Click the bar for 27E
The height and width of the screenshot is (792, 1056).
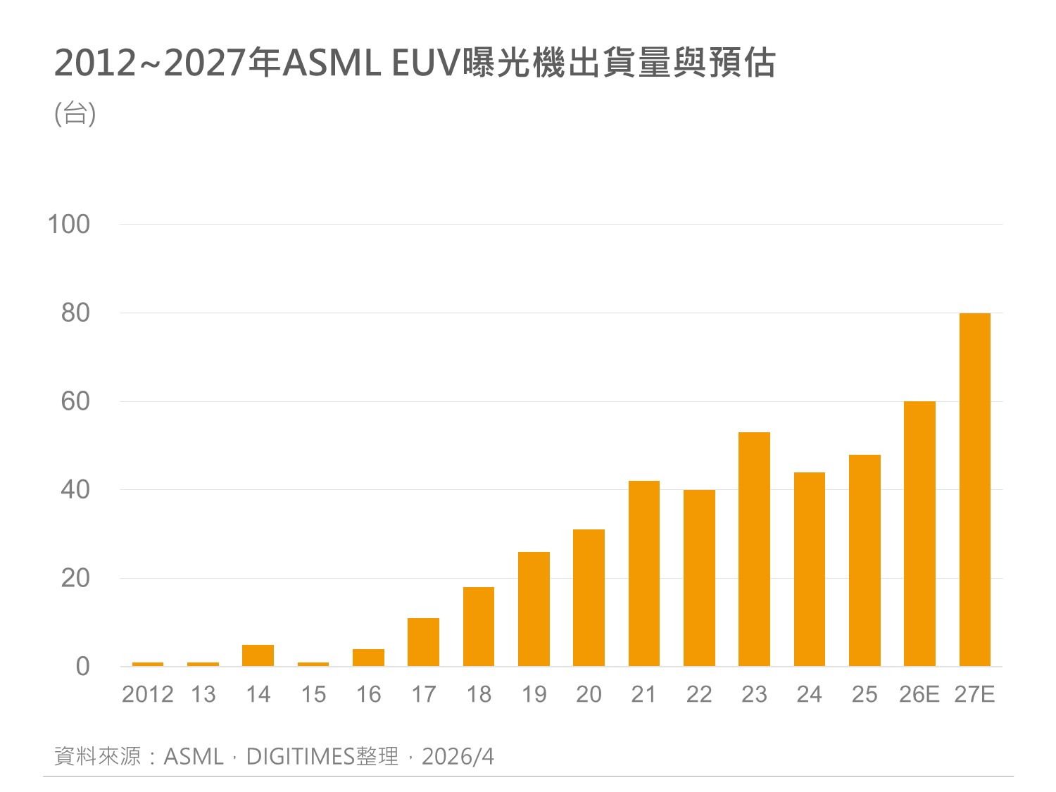974,489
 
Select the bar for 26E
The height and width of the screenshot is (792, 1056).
919,534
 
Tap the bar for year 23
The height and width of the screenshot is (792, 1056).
754,549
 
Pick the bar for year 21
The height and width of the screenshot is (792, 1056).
644,573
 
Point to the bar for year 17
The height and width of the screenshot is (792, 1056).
423,642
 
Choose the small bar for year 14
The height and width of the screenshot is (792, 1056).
258,655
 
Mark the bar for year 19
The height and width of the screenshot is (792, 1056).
534,609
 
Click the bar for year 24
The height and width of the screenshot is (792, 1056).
809,569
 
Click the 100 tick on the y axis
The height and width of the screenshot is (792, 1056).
68,225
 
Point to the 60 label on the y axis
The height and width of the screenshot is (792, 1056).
75,401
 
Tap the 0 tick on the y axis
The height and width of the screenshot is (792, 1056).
82,666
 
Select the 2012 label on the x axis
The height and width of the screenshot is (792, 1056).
148,695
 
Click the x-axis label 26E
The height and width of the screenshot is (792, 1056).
919,695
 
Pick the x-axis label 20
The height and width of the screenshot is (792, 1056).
589,695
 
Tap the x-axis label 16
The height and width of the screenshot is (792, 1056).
368,695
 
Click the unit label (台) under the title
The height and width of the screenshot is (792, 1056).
75,113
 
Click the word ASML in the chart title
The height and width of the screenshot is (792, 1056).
331,63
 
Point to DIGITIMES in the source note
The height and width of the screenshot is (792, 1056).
300,757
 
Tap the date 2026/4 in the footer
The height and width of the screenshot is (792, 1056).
458,757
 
